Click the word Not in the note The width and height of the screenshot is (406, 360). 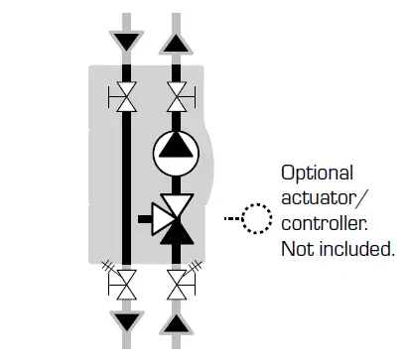(297, 247)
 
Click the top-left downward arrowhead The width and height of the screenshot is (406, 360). (124, 43)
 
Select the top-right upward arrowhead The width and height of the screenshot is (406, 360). (175, 43)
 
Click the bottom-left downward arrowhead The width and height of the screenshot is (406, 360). (124, 320)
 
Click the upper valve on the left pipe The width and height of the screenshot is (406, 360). (124, 97)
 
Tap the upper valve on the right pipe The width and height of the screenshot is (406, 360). (176, 97)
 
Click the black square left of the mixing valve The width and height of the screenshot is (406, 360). (143, 216)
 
